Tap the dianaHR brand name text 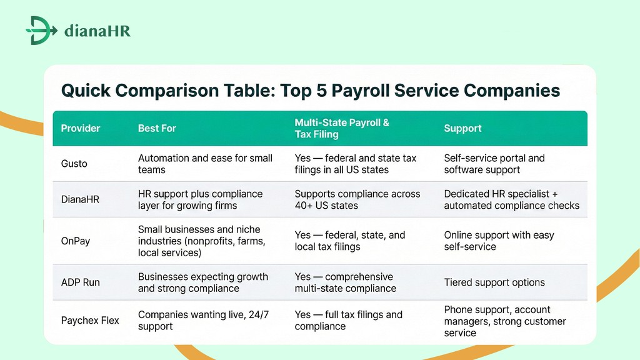pyautogui.click(x=97, y=31)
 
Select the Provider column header pyautogui.click(x=81, y=128)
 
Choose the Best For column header pyautogui.click(x=157, y=128)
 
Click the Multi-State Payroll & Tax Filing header pyautogui.click(x=342, y=128)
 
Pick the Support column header pyautogui.click(x=462, y=128)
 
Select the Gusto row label pyautogui.click(x=74, y=164)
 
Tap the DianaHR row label pyautogui.click(x=80, y=199)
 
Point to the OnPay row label pyautogui.click(x=76, y=241)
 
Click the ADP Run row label pyautogui.click(x=81, y=282)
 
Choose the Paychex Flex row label pyautogui.click(x=90, y=321)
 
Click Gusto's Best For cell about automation pyautogui.click(x=205, y=164)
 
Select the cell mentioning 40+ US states pyautogui.click(x=357, y=199)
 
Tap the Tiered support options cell pyautogui.click(x=494, y=282)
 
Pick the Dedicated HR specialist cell pyautogui.click(x=511, y=199)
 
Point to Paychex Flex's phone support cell pyautogui.click(x=504, y=321)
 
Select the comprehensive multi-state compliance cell pyautogui.click(x=345, y=282)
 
